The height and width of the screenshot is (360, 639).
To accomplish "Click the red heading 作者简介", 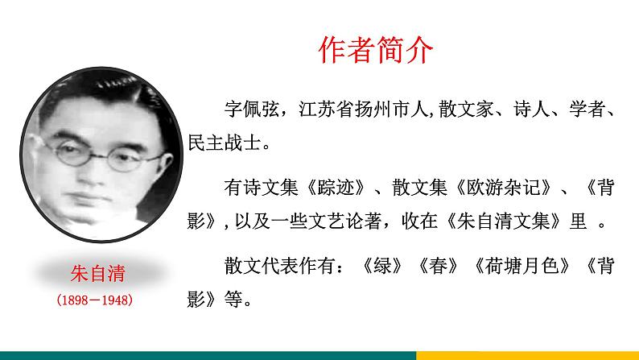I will click(376, 50).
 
